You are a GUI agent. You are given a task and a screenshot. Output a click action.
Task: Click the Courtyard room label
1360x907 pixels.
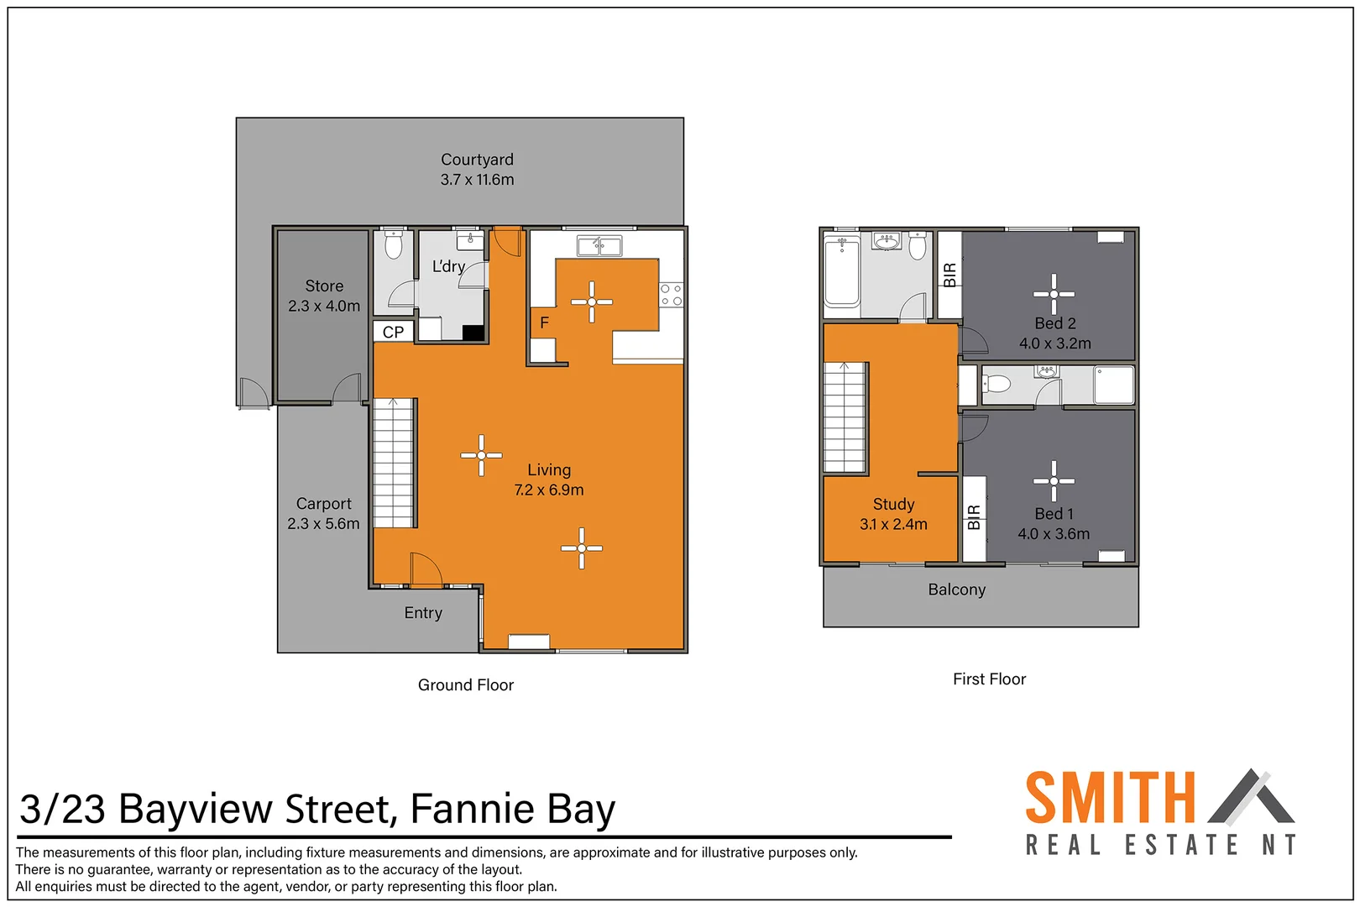pyautogui.click(x=477, y=160)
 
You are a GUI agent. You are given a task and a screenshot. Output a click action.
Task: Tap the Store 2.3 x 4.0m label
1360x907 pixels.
pyautogui.click(x=324, y=296)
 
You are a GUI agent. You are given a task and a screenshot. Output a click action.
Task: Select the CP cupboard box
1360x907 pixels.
pyautogui.click(x=393, y=332)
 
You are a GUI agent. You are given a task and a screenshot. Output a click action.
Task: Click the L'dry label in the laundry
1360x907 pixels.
pyautogui.click(x=448, y=266)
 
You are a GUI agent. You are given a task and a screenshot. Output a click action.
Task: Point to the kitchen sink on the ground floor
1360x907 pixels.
pyautogui.click(x=599, y=246)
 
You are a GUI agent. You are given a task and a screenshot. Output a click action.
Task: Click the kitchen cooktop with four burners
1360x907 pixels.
pyautogui.click(x=671, y=296)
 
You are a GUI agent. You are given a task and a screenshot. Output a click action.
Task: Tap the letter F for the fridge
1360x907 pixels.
pyautogui.click(x=545, y=322)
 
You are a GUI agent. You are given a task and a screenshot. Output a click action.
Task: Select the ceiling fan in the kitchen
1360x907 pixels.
pyautogui.click(x=591, y=302)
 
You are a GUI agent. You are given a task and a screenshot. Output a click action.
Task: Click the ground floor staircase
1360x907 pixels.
pyautogui.click(x=394, y=463)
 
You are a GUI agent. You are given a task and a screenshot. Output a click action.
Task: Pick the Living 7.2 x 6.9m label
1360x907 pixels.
pyautogui.click(x=549, y=480)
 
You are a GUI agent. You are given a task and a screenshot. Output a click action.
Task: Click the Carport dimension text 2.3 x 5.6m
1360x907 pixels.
pyautogui.click(x=323, y=524)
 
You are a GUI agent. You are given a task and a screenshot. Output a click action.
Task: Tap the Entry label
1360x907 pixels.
pyautogui.click(x=423, y=613)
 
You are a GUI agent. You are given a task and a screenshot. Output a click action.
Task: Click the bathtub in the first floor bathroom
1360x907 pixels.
pyautogui.click(x=841, y=271)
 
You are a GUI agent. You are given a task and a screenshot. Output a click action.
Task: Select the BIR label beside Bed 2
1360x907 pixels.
pyautogui.click(x=950, y=275)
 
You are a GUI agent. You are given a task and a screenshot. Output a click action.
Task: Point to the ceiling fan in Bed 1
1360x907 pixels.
pyautogui.click(x=1054, y=481)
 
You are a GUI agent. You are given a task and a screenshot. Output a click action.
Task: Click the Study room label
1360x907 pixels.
pyautogui.click(x=894, y=504)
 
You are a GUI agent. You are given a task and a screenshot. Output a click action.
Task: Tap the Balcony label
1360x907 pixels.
pyautogui.click(x=957, y=590)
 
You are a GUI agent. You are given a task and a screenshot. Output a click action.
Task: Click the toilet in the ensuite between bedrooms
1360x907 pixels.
pyautogui.click(x=997, y=384)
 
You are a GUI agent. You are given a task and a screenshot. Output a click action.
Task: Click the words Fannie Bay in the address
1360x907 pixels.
pyautogui.click(x=513, y=810)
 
